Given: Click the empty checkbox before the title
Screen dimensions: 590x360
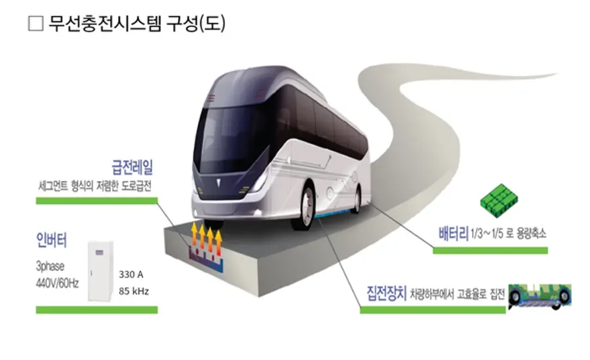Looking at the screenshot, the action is click(36, 24).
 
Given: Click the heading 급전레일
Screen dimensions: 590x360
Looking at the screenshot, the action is click(132, 167).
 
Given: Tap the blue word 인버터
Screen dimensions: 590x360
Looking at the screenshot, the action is click(52, 240).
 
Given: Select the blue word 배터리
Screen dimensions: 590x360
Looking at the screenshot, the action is click(454, 233).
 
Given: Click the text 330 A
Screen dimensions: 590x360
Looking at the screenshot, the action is click(131, 275).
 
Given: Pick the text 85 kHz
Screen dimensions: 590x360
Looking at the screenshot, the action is click(134, 291).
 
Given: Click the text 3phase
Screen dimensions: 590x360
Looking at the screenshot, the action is click(50, 266).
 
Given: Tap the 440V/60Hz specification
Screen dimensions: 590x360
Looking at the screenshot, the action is click(57, 283).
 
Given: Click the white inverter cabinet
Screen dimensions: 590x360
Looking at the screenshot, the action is click(100, 271).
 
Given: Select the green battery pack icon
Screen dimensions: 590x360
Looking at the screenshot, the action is click(499, 201).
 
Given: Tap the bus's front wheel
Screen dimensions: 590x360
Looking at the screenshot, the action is click(304, 207).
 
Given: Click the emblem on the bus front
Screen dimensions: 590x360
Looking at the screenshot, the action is click(218, 182).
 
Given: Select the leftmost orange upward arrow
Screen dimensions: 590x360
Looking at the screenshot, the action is click(195, 234).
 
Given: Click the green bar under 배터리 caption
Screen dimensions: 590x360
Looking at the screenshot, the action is click(490, 250).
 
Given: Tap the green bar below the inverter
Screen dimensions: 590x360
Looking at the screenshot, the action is click(97, 310).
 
